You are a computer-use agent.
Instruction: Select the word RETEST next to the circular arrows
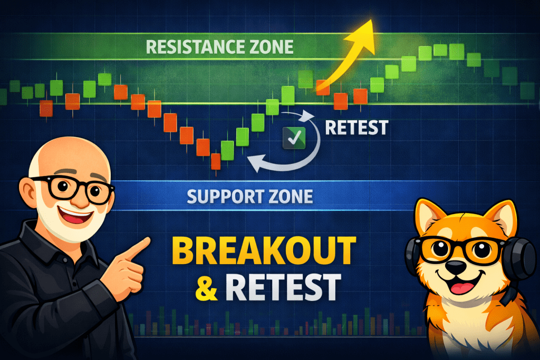pyautogui.click(x=356, y=127)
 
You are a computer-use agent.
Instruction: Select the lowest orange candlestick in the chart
pyautogui.click(x=215, y=161)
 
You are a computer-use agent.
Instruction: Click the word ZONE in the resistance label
pyautogui.click(x=266, y=47)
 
